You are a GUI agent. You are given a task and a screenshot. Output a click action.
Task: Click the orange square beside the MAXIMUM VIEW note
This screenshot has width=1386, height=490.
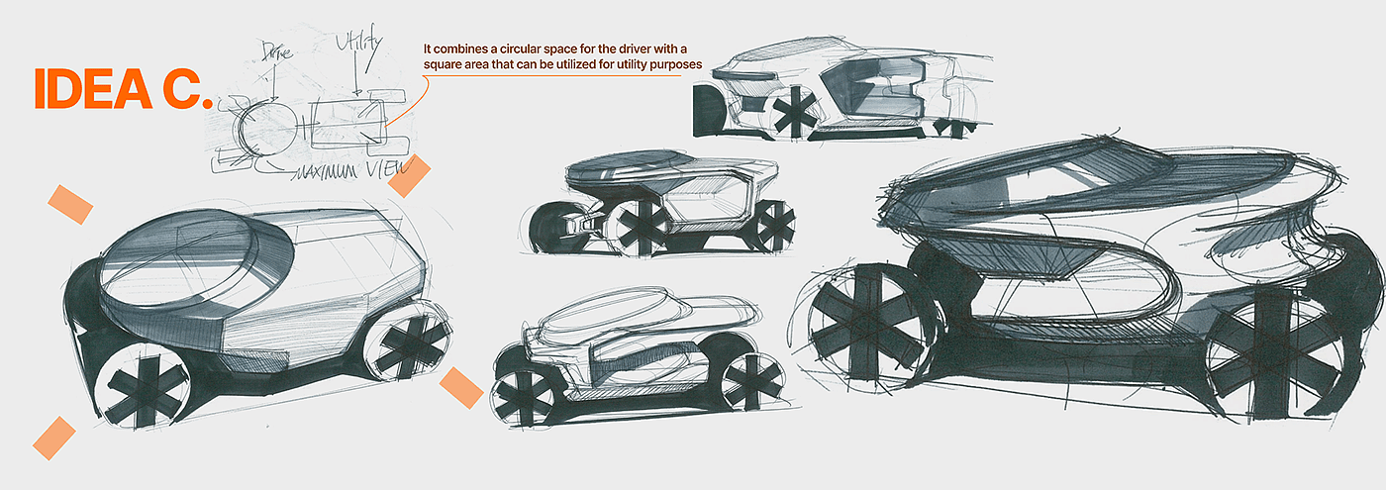pos(408,175)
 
